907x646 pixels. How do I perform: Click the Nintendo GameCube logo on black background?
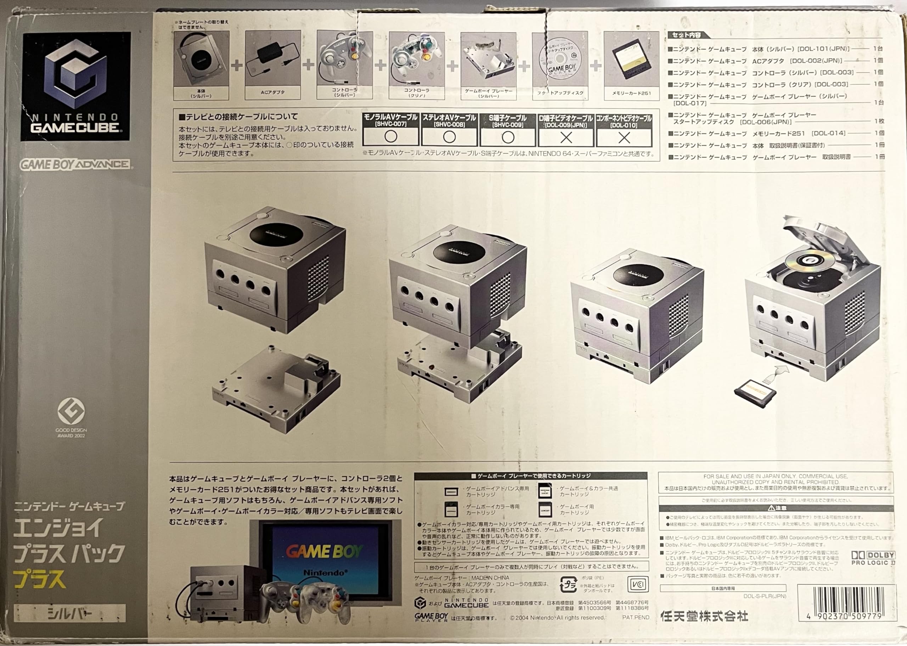(x=75, y=86)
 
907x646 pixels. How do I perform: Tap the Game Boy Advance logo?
(x=75, y=164)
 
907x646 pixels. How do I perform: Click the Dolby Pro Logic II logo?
(x=872, y=558)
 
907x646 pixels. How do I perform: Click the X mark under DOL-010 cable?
(x=624, y=137)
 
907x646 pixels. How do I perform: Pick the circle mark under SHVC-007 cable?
(x=391, y=137)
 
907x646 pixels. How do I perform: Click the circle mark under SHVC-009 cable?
(x=508, y=137)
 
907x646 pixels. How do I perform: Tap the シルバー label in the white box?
(x=69, y=613)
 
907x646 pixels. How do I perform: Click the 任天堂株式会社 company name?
(x=704, y=616)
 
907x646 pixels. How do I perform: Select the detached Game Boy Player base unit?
(x=276, y=388)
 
